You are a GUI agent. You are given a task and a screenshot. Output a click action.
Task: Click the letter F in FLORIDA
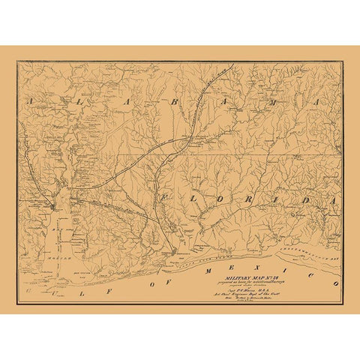162,196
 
